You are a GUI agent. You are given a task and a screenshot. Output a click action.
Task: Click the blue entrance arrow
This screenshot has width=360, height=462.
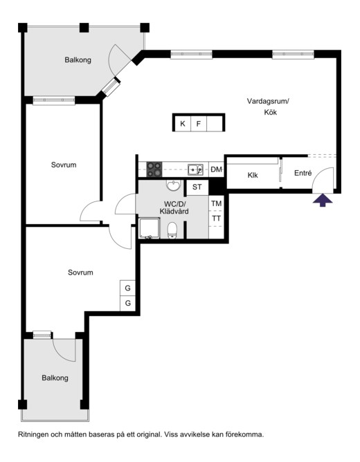323,200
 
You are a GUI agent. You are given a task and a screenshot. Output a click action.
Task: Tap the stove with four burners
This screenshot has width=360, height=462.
154,169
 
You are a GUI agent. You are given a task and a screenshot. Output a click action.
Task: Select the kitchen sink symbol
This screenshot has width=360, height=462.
195,169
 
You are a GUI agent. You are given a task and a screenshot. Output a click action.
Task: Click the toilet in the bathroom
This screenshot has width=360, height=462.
172,230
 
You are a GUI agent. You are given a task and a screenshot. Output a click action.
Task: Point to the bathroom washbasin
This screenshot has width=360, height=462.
174,185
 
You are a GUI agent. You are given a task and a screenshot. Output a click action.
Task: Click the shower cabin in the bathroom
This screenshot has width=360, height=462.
150,228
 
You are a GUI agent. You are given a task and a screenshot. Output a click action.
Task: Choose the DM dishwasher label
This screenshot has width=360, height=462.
217,169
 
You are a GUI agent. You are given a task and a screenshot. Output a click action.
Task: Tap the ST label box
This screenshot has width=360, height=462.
197,187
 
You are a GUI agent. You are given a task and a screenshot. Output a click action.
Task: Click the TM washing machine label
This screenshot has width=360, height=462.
217,203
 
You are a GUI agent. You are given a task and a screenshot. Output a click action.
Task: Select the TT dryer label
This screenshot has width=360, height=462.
217,219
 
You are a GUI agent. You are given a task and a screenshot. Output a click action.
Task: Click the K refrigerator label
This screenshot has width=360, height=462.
183,124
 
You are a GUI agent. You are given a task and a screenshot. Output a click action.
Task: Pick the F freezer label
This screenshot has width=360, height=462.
199,124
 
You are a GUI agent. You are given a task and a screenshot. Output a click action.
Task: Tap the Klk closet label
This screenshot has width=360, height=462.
253,175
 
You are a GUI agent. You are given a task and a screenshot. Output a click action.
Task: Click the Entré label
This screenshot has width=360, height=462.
303,173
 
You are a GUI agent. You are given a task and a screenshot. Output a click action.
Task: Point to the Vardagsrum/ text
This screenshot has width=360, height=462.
268,102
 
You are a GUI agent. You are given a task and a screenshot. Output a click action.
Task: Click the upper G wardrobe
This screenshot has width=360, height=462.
127,288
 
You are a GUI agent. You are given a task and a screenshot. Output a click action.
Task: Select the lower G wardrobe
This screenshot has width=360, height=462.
127,303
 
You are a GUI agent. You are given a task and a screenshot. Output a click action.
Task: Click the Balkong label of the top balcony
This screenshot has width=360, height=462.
78,59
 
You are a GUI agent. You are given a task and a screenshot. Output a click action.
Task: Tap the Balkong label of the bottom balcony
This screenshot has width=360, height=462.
55,378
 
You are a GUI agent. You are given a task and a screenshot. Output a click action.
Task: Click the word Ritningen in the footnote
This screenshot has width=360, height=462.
33,434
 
